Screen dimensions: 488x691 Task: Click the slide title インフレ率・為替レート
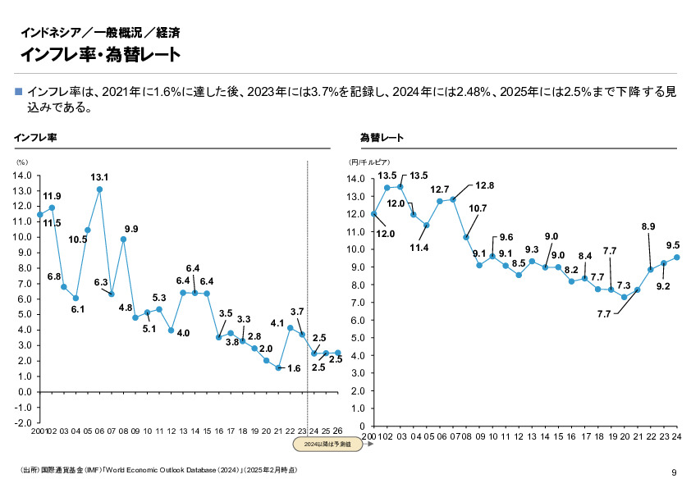pyautogui.click(x=100, y=54)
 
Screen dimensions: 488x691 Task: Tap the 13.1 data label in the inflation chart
pyautogui.click(x=99, y=176)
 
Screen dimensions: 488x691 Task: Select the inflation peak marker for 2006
pyautogui.click(x=99, y=189)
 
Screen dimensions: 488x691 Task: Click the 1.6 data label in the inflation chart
pyautogui.click(x=294, y=368)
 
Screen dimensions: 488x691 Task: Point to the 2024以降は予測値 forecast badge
pyautogui.click(x=327, y=444)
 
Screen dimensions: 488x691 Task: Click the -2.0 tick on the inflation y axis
pyautogui.click(x=22, y=422)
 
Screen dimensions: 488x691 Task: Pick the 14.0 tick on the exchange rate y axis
pyautogui.click(x=355, y=179)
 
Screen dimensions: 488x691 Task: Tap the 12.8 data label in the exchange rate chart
pyautogui.click(x=485, y=185)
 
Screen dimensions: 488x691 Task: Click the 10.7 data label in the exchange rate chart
pyautogui.click(x=478, y=208)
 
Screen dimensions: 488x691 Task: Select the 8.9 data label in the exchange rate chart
pyautogui.click(x=648, y=226)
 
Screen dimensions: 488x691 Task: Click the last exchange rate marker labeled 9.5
pyautogui.click(x=677, y=257)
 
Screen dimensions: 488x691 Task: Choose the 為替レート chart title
pyautogui.click(x=381, y=137)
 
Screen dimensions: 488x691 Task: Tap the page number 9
pyautogui.click(x=674, y=472)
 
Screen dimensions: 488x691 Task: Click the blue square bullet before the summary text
pyautogui.click(x=20, y=92)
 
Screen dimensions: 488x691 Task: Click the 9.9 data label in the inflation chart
pyautogui.click(x=131, y=228)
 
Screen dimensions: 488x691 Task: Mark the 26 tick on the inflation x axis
pyautogui.click(x=338, y=431)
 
